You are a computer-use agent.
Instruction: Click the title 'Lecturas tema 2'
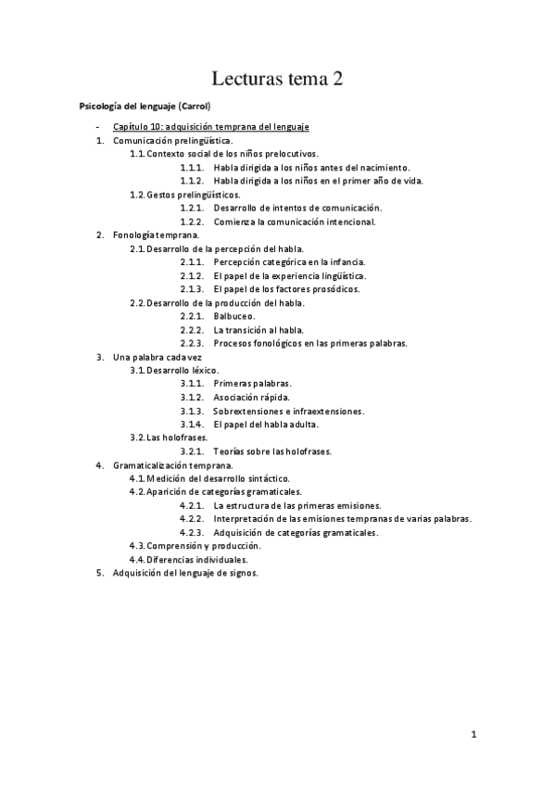click(x=277, y=80)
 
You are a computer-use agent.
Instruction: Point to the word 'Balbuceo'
click(x=234, y=316)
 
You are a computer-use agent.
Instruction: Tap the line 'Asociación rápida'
click(x=250, y=397)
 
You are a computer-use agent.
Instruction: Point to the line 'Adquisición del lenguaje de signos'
click(x=185, y=573)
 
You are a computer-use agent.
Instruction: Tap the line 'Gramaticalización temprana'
click(x=173, y=464)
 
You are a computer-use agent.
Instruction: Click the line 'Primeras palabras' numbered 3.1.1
click(x=252, y=384)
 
